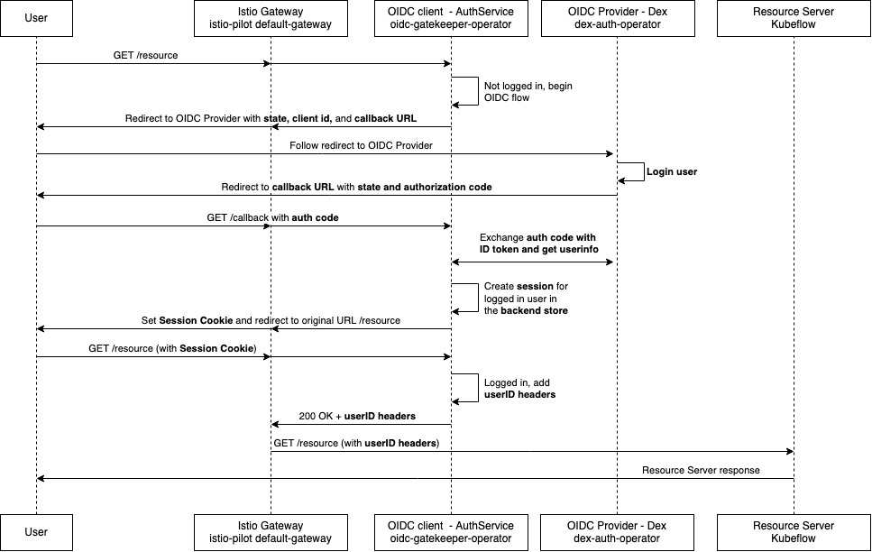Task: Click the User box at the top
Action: point(36,18)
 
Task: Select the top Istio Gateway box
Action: point(271,18)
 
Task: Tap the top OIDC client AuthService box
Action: point(451,18)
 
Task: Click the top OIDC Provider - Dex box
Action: point(618,18)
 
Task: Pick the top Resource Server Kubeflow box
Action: point(794,18)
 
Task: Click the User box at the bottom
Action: point(36,532)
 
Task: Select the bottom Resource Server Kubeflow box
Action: point(794,532)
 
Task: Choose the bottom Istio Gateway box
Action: point(271,532)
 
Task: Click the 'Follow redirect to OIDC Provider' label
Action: point(361,146)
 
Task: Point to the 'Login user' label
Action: point(672,172)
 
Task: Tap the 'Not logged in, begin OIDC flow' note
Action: point(528,92)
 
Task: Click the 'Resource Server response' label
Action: point(701,470)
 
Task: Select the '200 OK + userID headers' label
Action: point(357,416)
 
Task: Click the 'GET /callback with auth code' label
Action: point(272,217)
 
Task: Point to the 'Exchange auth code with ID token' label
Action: point(539,244)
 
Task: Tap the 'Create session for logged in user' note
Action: point(526,299)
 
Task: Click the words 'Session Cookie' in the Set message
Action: point(196,320)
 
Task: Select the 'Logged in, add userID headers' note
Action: point(519,389)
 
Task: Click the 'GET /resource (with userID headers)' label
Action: point(356,444)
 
